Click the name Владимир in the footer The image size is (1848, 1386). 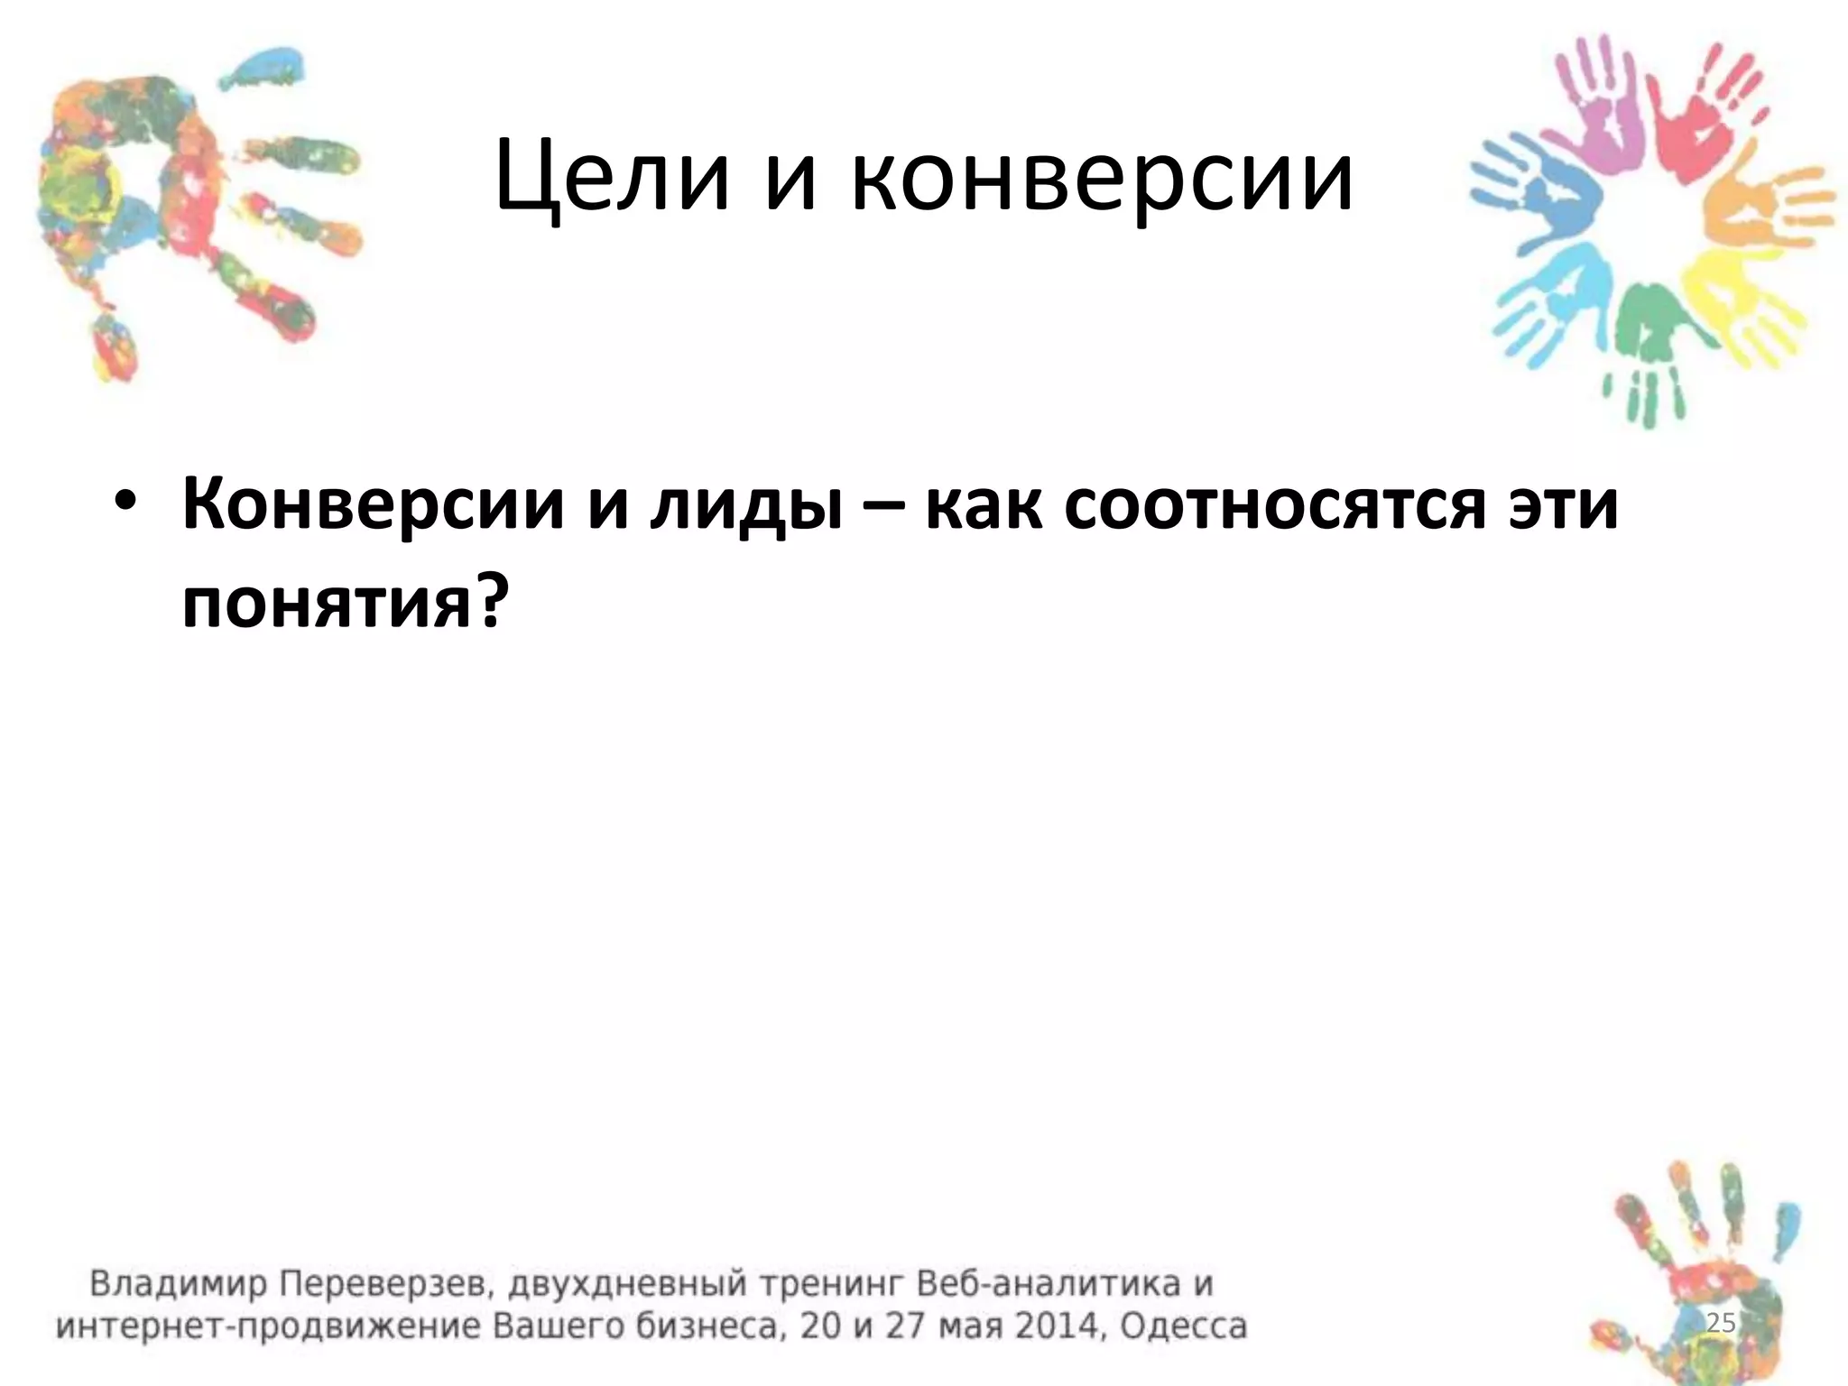pos(177,1284)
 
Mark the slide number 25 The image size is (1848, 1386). pos(1721,1324)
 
